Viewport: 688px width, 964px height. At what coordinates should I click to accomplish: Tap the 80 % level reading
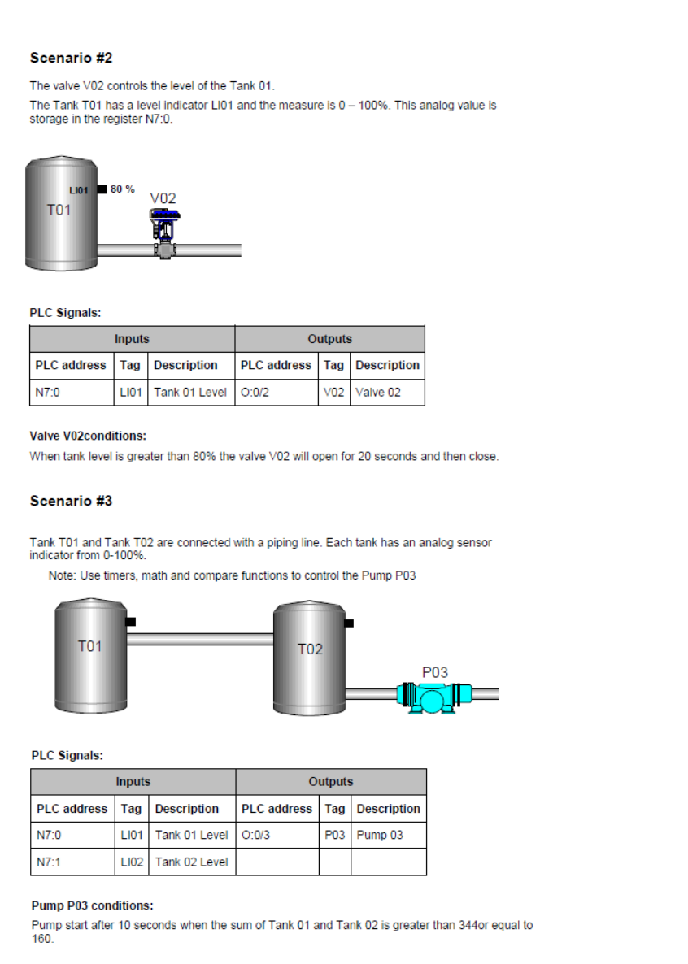point(123,189)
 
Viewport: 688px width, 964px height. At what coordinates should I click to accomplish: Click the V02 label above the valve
point(163,198)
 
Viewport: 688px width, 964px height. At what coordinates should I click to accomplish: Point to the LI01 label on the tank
point(79,190)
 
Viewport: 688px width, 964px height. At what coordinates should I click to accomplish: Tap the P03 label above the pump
point(434,672)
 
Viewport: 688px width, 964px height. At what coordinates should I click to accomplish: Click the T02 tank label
point(310,649)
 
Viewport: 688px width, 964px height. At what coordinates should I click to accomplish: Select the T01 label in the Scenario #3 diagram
point(89,646)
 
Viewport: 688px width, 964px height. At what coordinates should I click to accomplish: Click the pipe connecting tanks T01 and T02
point(199,639)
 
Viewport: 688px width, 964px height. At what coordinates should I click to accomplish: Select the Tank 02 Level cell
point(191,862)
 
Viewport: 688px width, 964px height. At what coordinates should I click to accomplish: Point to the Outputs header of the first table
point(329,339)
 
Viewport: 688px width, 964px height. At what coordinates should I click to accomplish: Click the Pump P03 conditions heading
point(92,905)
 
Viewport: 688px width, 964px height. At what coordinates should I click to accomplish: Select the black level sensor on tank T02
point(349,623)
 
